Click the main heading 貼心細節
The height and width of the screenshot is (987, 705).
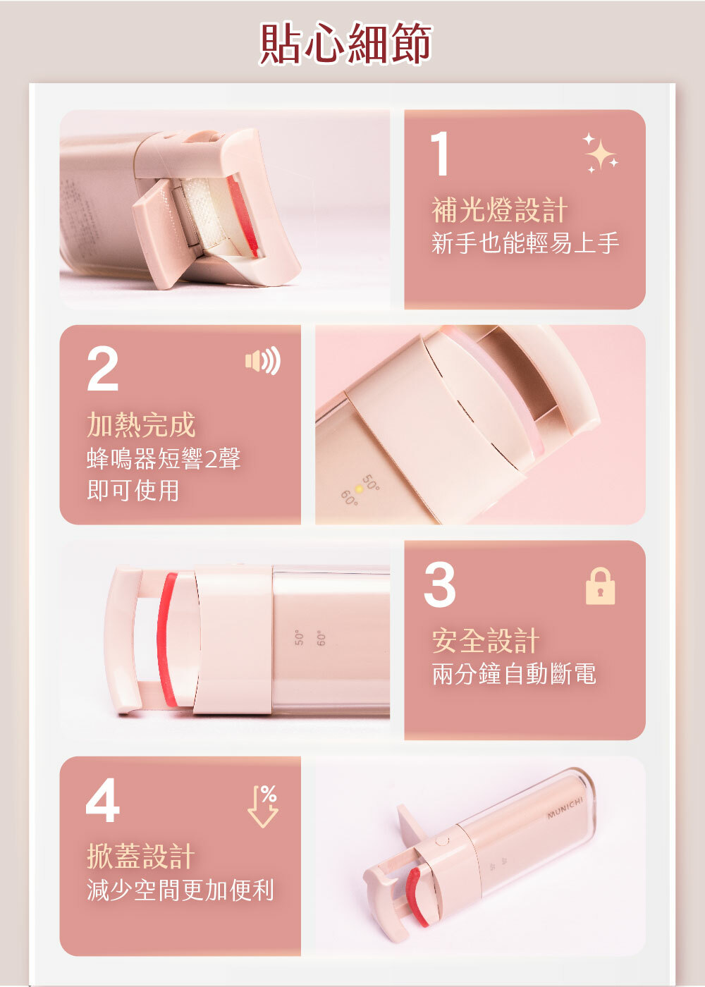coord(345,43)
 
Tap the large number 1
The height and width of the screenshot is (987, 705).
coord(440,154)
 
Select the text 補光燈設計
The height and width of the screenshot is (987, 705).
coord(499,210)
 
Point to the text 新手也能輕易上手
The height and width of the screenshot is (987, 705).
coord(525,243)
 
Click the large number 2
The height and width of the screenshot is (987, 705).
coord(103,369)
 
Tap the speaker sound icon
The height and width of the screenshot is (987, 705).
coord(262,360)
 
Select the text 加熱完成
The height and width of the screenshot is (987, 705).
coord(141,424)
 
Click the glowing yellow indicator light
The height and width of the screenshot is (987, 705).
coord(359,489)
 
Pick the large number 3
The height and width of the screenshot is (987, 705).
coord(440,584)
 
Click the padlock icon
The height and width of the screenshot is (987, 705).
coord(600,586)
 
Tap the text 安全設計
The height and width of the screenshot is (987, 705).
coord(486,641)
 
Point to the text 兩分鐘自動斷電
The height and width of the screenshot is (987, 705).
coord(514,674)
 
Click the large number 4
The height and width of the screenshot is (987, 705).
coord(103,800)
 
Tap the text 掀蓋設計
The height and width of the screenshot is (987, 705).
coord(141,856)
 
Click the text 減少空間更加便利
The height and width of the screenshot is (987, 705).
coord(180,890)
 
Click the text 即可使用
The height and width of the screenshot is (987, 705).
coord(133,490)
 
